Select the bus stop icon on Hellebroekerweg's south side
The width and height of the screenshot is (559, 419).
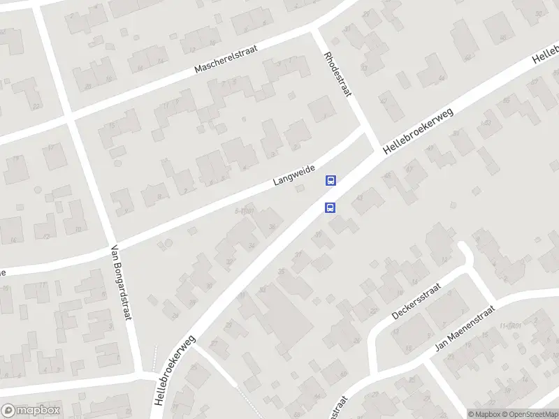[x=329, y=207]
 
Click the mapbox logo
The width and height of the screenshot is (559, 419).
[x=30, y=411]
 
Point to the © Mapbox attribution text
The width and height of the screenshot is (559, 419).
[x=485, y=413]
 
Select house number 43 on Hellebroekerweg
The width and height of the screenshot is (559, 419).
[x=360, y=198]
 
